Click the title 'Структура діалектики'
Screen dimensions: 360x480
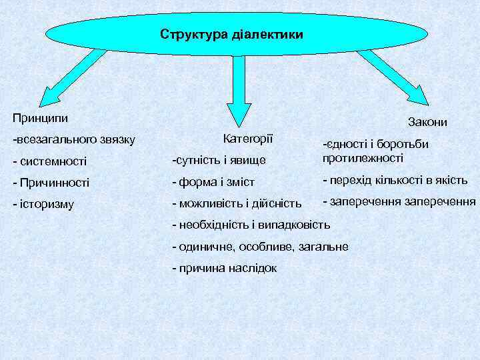pos(231,33)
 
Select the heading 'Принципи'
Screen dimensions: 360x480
pos(40,117)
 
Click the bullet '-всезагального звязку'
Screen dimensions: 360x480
pos(74,140)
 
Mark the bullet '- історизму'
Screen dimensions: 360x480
pos(43,203)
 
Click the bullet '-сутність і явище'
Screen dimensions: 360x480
pos(219,160)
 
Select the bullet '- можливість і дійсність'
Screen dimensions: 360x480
pos(237,202)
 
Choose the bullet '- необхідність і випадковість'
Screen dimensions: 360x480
pos(251,224)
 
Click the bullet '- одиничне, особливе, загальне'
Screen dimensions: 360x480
pos(260,247)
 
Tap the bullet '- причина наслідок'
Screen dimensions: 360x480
pos(224,268)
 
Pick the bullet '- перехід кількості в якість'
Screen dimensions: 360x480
pos(395,181)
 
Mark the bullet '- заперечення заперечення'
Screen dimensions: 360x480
pos(399,201)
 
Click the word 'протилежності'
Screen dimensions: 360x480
pos(363,158)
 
